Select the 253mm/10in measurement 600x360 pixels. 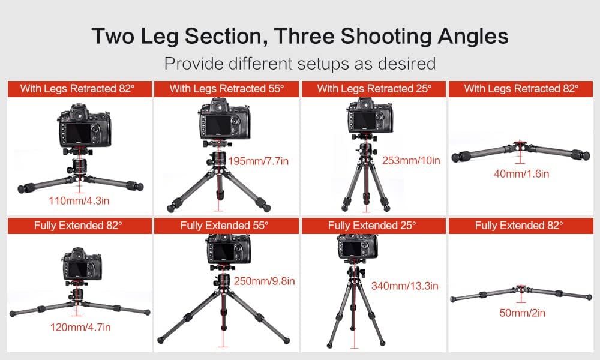pos(411,160)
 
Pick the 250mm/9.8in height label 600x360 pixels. pos(264,281)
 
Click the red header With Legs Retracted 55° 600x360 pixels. pos(226,89)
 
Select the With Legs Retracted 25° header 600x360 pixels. pos(374,89)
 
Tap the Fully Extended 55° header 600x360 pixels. pos(226,226)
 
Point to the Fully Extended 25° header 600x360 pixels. pos(373,226)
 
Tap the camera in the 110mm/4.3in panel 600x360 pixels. pos(83,125)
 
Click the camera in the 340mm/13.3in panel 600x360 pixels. pos(358,246)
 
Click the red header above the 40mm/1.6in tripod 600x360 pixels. pos(521,89)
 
